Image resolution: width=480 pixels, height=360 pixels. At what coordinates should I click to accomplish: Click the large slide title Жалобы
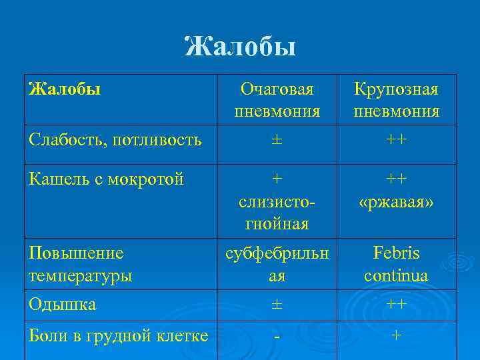pos(240,47)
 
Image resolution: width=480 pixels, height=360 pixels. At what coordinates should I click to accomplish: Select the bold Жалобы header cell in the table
pos(65,89)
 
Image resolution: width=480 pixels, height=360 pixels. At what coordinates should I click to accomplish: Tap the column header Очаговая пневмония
pos(277,100)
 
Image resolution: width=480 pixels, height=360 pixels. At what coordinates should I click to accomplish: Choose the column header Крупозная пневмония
pos(397,100)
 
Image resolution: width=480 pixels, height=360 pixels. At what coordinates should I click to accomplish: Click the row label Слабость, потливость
pos(115,140)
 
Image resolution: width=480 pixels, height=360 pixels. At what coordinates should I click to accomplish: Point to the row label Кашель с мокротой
pos(106,179)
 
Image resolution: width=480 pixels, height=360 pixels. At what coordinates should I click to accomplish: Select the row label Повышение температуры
pos(80,263)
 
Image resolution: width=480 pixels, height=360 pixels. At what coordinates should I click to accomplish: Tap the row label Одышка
pos(63,305)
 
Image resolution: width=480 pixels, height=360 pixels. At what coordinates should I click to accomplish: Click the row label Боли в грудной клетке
pos(119,336)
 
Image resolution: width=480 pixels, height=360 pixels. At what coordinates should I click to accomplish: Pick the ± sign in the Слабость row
pos(277,140)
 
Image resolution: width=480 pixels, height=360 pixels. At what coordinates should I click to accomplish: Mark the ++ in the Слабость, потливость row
pos(397,140)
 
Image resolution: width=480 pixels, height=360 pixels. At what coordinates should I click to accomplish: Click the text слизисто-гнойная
pos(277,213)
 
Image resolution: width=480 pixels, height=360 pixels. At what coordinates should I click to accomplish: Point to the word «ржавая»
pos(397,201)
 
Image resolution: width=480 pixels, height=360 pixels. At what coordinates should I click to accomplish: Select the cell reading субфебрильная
pos(277,264)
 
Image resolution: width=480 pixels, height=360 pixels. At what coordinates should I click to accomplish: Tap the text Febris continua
pos(397,264)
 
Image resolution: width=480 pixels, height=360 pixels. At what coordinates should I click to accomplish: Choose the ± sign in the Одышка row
pos(277,305)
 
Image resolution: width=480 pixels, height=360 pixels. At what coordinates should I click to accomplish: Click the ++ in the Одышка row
pos(397,305)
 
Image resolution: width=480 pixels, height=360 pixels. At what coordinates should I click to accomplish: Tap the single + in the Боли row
pos(397,336)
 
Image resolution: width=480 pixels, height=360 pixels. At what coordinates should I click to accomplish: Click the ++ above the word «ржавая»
pos(397,179)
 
